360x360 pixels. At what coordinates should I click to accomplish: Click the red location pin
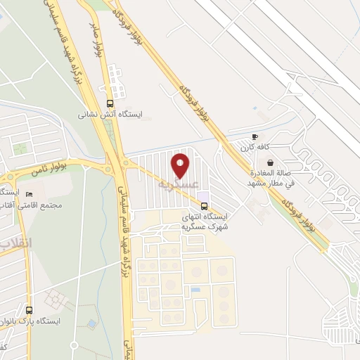click(x=181, y=165)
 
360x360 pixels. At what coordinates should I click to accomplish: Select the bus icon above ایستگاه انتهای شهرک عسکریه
click(x=204, y=206)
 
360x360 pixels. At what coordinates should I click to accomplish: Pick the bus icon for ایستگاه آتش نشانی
click(x=109, y=102)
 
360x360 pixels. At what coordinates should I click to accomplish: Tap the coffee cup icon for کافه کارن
click(x=255, y=137)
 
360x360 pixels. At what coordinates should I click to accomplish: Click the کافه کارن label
click(x=255, y=148)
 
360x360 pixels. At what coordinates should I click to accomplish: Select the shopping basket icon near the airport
click(x=270, y=162)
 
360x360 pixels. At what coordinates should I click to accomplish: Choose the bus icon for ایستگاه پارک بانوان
click(x=29, y=309)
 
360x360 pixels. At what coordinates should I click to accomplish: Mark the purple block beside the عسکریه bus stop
click(x=202, y=195)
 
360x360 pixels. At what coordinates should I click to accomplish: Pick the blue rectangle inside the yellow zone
click(x=195, y=289)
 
